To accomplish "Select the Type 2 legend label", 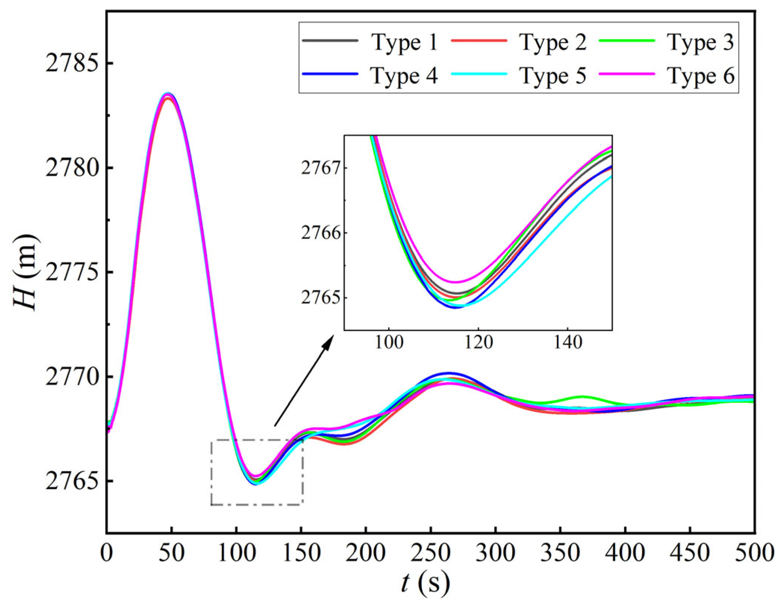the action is [553, 43].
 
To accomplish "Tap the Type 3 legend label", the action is [701, 43].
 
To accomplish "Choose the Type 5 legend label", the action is [553, 76].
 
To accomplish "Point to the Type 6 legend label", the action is [701, 76].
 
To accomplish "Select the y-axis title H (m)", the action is [25, 272].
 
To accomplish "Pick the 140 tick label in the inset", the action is [567, 342].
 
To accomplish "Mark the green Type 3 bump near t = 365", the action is [582, 397].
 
